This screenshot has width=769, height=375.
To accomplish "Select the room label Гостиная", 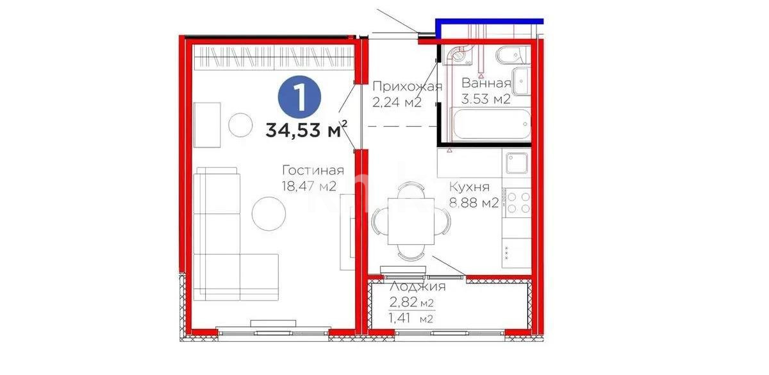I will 313,171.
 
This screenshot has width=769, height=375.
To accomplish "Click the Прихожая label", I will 407,87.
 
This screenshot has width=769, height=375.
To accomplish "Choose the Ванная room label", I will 486,83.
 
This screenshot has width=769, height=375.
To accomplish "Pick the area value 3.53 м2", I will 486,99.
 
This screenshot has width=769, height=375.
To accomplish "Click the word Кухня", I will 469,187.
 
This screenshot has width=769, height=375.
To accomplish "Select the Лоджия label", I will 417,287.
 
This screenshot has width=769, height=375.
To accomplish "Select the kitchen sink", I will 516,163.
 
